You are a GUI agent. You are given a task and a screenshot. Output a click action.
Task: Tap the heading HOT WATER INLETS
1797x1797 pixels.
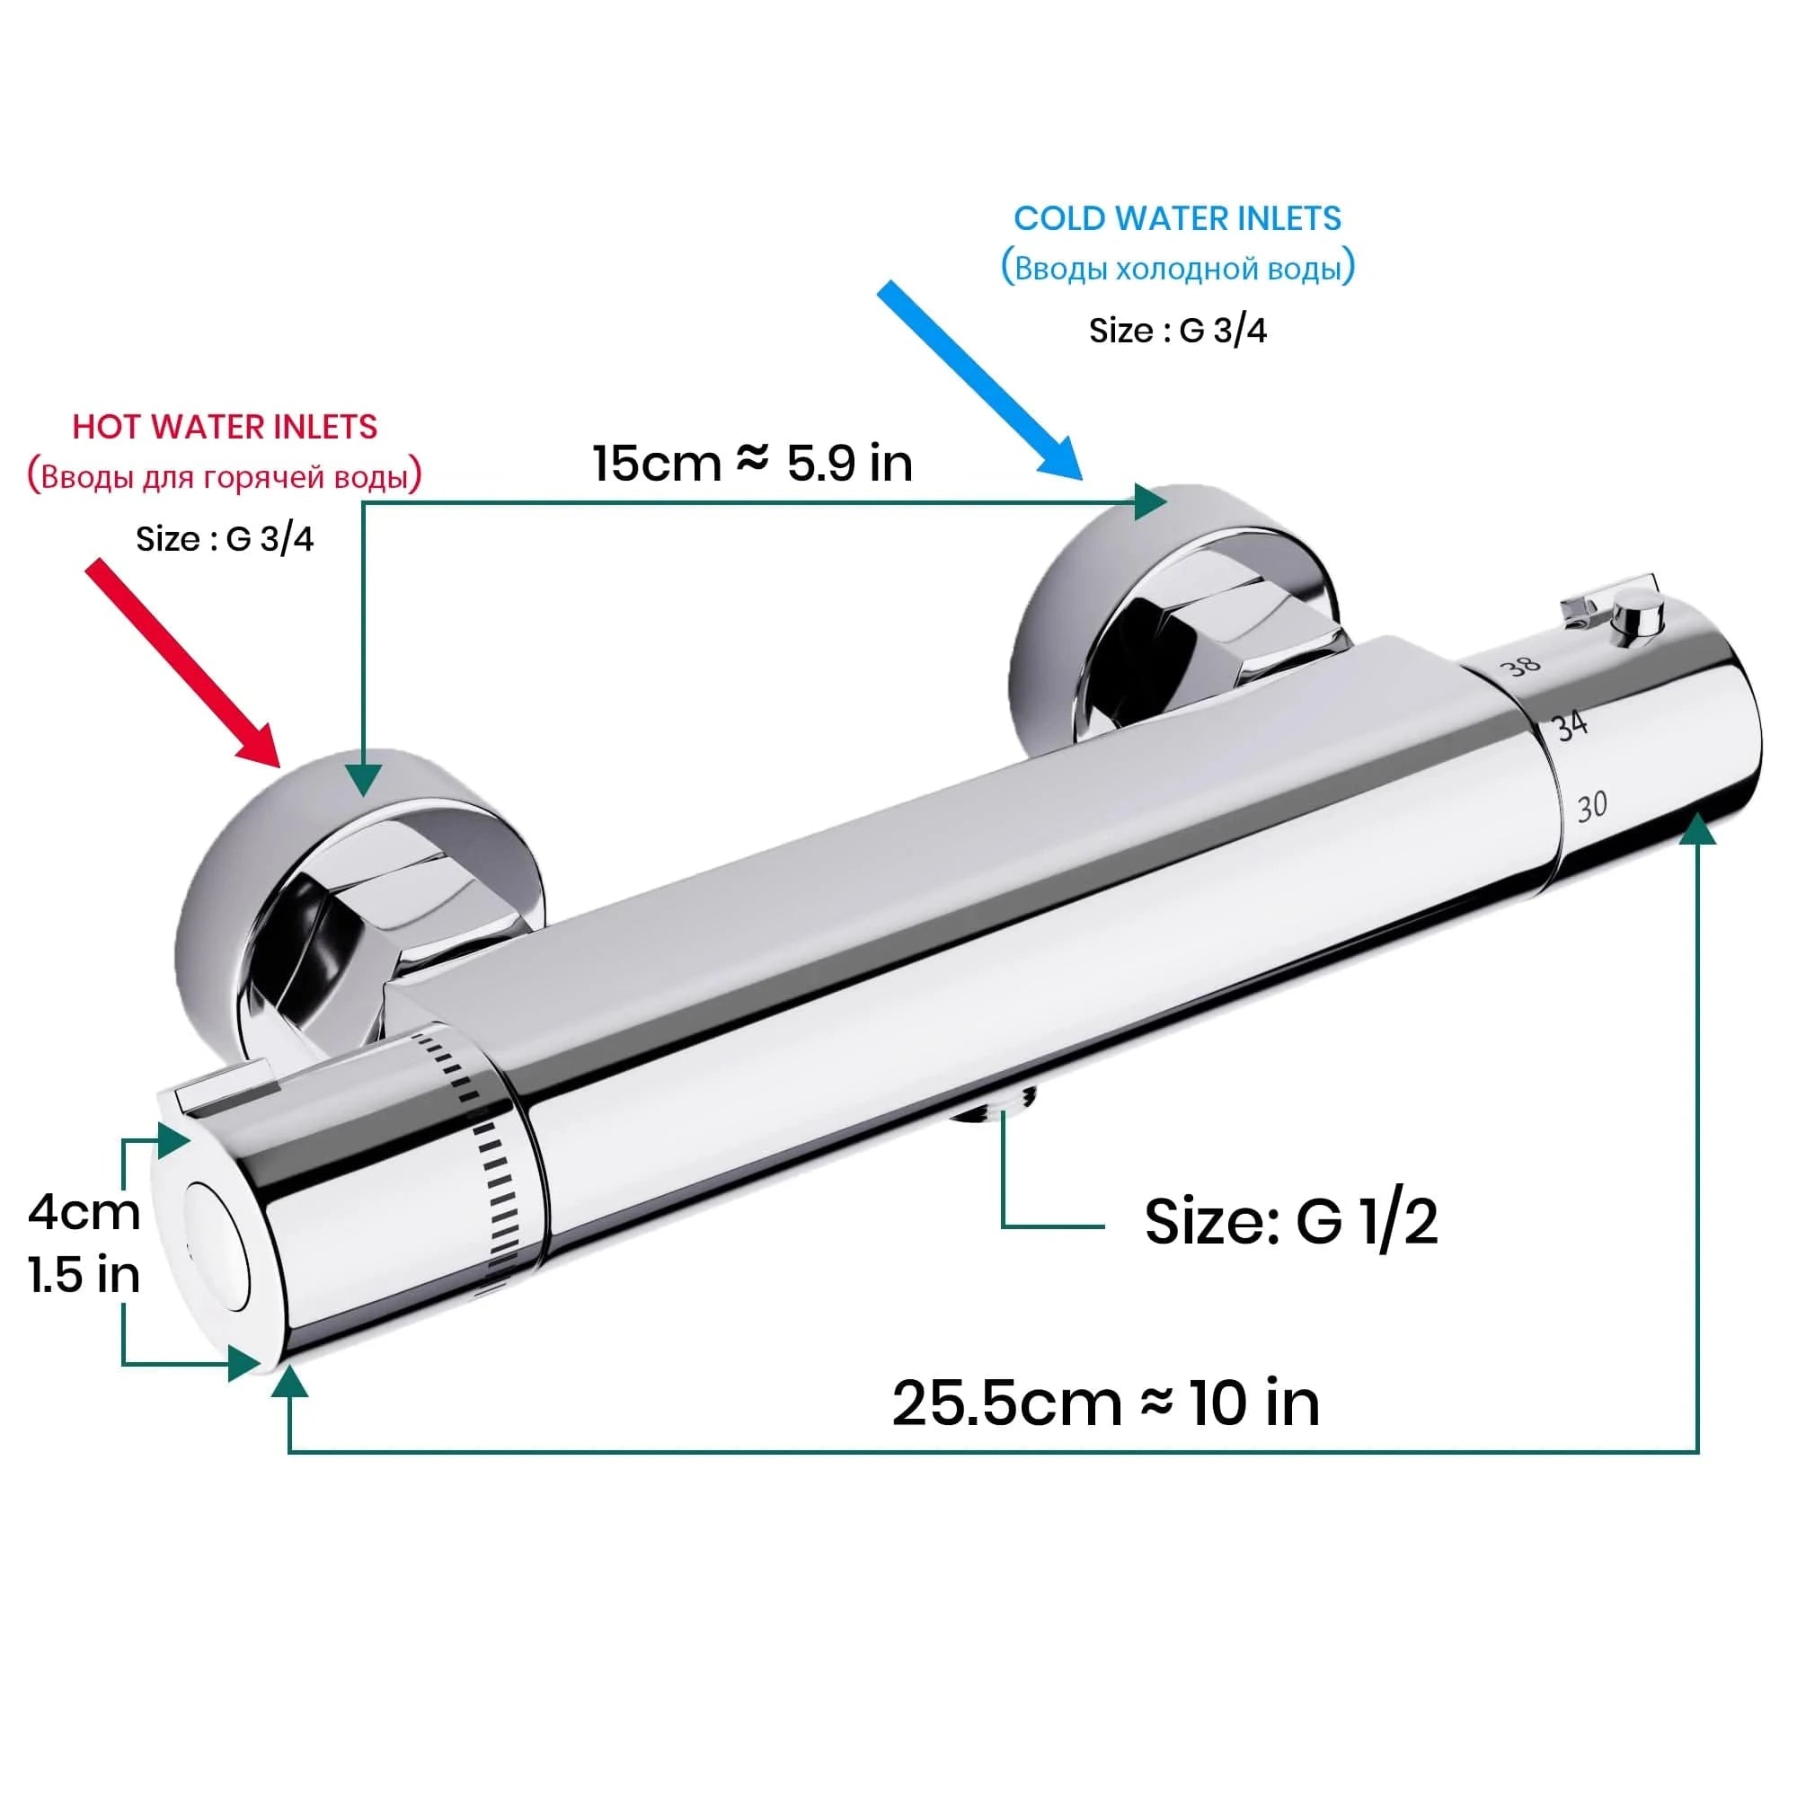tap(226, 427)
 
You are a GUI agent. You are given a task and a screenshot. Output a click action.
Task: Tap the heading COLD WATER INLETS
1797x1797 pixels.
tap(1177, 218)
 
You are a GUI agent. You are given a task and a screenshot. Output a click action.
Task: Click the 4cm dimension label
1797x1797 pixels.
tap(84, 1212)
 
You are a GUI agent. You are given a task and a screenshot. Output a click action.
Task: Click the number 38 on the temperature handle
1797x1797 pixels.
tap(1522, 666)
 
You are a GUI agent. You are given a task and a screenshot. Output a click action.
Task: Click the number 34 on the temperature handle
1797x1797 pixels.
tap(1571, 726)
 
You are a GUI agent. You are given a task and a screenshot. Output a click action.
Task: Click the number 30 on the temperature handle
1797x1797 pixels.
tap(1591, 805)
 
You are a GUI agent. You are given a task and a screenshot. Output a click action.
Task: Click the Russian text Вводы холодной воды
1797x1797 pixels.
tap(1177, 269)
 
